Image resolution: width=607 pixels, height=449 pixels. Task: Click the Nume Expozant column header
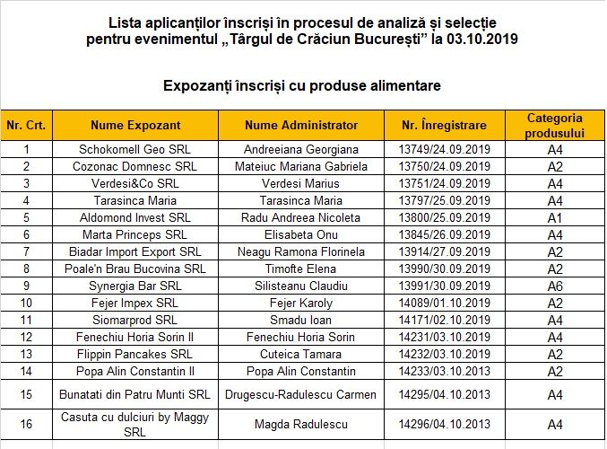click(134, 126)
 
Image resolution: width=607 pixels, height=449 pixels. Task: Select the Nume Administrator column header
click(301, 126)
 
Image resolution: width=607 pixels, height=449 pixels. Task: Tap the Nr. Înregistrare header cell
click(444, 126)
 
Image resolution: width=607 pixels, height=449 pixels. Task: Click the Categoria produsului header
click(554, 126)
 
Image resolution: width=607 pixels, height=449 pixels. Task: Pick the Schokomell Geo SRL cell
click(134, 150)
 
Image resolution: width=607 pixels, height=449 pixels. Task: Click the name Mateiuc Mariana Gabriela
click(301, 167)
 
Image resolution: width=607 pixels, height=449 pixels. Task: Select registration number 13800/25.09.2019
click(444, 218)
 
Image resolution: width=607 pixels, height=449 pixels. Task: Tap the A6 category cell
click(554, 286)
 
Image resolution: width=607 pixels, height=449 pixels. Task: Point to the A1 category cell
click(554, 218)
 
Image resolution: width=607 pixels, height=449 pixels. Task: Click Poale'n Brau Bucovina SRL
click(134, 269)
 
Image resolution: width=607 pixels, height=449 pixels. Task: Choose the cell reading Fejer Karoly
click(301, 304)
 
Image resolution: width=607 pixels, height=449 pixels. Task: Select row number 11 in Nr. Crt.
click(26, 321)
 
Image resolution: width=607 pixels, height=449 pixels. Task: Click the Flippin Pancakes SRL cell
click(134, 355)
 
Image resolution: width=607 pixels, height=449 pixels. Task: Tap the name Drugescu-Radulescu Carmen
click(301, 395)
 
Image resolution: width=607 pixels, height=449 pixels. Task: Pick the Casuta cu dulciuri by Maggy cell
click(134, 425)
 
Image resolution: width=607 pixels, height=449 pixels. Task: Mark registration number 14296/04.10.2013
click(444, 425)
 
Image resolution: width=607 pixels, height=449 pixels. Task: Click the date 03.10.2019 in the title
click(479, 40)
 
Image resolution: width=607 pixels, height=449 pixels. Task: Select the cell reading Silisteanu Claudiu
click(301, 286)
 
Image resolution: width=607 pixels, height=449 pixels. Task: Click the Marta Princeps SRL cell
click(134, 235)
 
